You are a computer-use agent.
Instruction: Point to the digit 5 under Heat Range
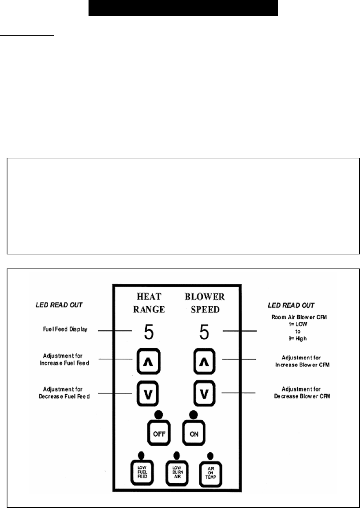149,332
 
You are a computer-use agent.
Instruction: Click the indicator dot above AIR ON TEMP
210,456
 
